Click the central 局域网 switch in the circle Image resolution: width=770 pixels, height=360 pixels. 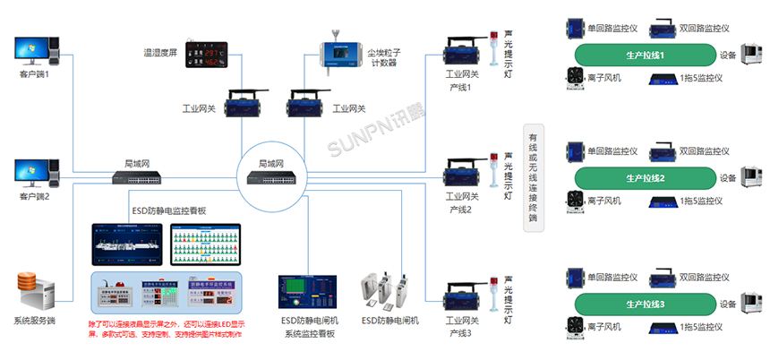click(x=272, y=178)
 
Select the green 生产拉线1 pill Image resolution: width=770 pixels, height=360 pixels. click(x=645, y=56)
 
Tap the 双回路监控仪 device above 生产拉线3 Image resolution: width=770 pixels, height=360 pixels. click(x=664, y=278)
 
